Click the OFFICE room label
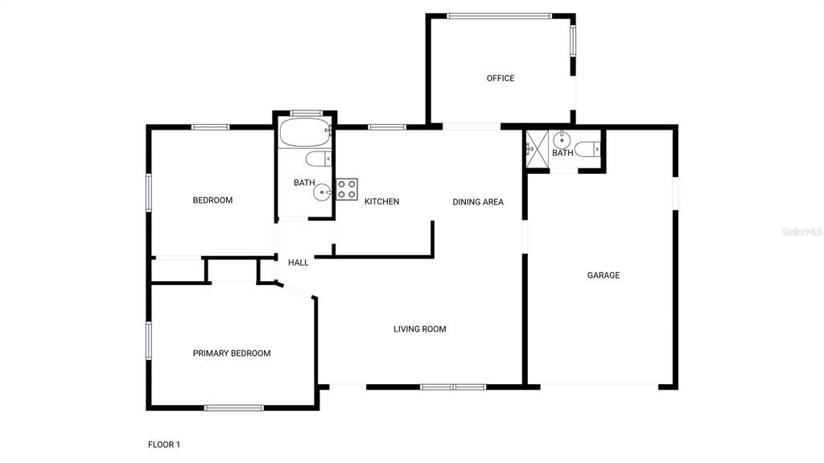[500, 78]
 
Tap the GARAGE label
[603, 275]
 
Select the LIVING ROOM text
[419, 329]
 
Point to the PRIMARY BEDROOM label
[231, 353]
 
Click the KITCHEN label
[381, 201]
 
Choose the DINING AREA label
[477, 202]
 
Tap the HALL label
[299, 263]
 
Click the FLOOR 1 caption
[164, 444]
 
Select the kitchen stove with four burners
[347, 189]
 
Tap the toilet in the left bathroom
[318, 159]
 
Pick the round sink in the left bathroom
[323, 192]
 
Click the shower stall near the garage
[536, 149]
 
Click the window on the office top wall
[499, 15]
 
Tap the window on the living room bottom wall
[452, 387]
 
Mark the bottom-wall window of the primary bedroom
[233, 407]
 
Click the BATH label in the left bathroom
[304, 183]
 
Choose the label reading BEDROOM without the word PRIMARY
[212, 200]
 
